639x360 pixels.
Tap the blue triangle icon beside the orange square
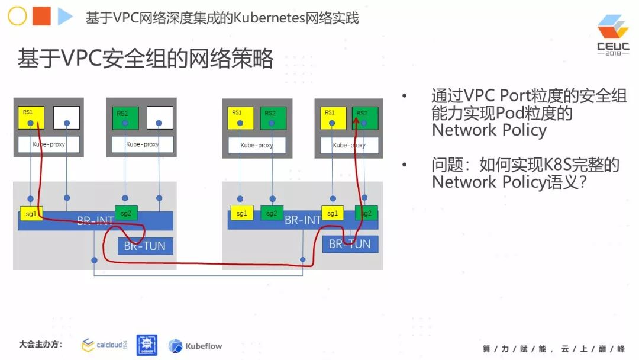(64, 17)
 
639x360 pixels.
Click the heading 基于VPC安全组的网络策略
(146, 59)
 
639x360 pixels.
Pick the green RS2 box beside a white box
(125, 118)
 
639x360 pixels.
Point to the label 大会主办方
(41, 344)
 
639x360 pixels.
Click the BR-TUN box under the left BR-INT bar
(145, 246)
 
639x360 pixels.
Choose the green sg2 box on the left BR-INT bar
(126, 213)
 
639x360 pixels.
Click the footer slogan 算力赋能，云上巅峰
(553, 348)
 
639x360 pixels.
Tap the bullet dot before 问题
(405, 165)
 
